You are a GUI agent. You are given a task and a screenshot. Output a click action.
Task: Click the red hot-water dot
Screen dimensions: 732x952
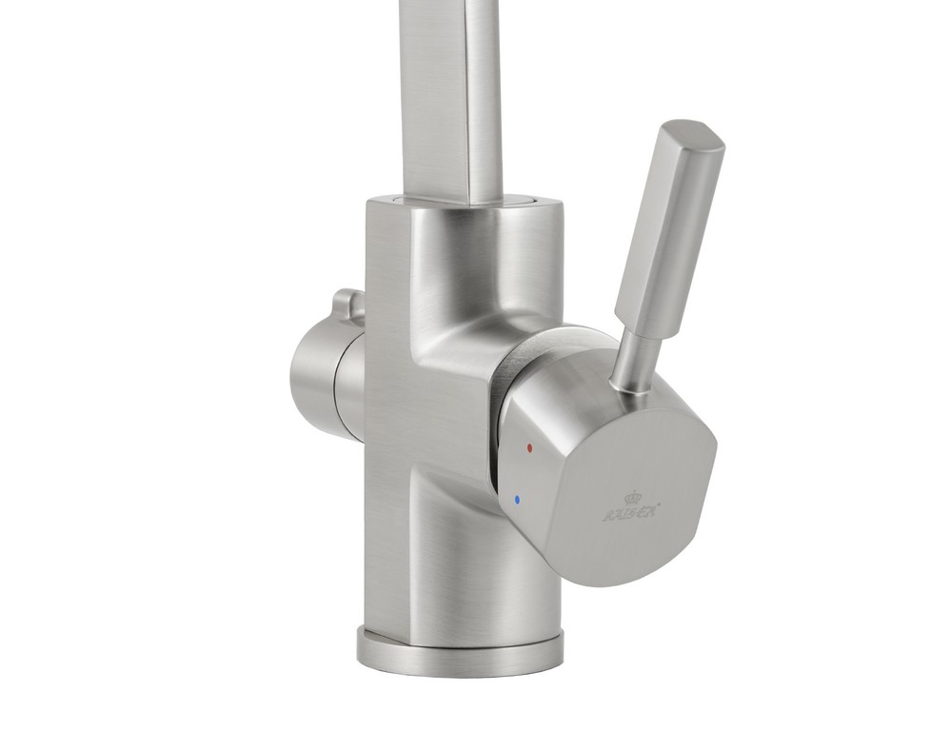click(x=529, y=446)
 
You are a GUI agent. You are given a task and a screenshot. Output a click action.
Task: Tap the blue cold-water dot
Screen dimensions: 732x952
click(x=516, y=498)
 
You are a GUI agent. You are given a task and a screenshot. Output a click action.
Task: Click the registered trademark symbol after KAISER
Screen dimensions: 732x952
click(x=661, y=506)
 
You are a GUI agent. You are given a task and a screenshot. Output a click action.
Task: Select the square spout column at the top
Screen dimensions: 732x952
click(x=447, y=95)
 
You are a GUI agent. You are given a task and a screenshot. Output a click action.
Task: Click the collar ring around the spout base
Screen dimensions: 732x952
click(x=466, y=202)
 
